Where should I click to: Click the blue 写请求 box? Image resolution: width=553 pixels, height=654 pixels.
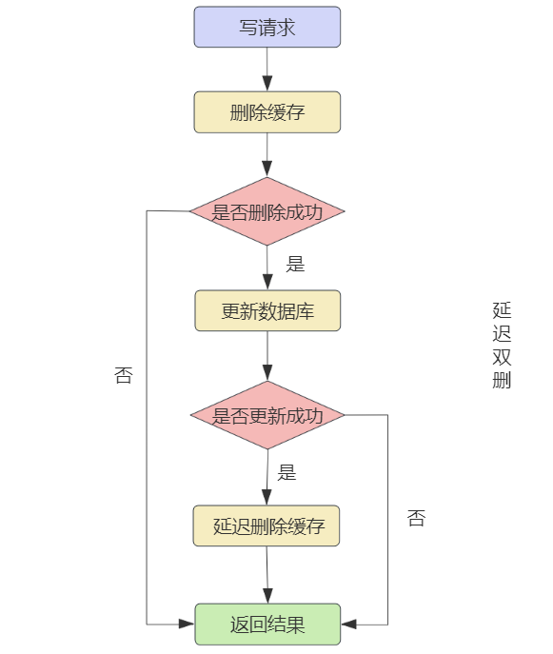[x=267, y=27]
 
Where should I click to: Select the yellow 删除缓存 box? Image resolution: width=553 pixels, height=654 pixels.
[x=267, y=112]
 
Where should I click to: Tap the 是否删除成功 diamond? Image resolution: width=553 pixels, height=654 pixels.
[x=267, y=211]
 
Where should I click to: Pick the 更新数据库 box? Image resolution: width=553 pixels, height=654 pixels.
[x=267, y=310]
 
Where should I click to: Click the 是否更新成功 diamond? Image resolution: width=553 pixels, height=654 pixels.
[x=267, y=415]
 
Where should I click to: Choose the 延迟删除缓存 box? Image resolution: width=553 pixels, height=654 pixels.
[x=267, y=525]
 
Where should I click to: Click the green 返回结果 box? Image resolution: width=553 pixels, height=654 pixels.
[x=267, y=624]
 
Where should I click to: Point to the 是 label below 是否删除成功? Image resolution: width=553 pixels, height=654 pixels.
[x=295, y=264]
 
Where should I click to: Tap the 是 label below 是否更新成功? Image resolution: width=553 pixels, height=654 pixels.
[x=286, y=472]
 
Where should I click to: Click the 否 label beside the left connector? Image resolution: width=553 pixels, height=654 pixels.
[x=124, y=375]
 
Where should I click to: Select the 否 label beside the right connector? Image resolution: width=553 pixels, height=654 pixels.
[x=416, y=518]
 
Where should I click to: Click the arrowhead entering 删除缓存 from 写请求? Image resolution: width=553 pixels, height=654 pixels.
[x=267, y=84]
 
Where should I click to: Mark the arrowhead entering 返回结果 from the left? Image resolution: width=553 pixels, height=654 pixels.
[x=187, y=624]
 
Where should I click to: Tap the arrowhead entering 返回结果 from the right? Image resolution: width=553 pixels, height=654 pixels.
[x=348, y=624]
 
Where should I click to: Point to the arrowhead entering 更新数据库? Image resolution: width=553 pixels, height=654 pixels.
[x=267, y=282]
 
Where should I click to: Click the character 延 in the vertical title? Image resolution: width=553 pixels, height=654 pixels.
[x=502, y=310]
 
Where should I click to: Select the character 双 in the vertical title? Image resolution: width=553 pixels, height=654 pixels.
[x=502, y=357]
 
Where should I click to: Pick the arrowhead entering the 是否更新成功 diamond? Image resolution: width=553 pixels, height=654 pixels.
[x=267, y=373]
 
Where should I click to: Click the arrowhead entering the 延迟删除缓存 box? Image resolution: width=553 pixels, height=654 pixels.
[x=267, y=498]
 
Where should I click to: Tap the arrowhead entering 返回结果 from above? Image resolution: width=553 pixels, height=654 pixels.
[x=267, y=596]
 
